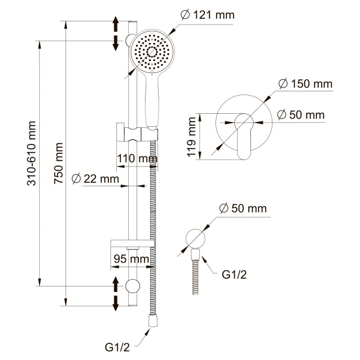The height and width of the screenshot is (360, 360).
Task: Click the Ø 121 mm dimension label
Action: point(208,15)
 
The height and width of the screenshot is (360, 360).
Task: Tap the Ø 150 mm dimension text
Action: point(305,83)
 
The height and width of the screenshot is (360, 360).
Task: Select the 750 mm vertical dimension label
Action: point(59,163)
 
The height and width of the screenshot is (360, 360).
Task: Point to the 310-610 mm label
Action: point(31,153)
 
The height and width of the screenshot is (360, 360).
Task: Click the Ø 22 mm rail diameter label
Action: point(95,179)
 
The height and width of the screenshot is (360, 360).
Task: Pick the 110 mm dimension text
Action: point(137,159)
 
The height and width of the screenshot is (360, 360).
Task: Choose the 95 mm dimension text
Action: point(131,259)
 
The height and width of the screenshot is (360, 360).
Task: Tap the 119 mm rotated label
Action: point(191,137)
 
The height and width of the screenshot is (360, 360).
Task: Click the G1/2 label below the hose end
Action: point(117,347)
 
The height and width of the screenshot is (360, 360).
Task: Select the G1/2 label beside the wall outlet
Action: point(234,274)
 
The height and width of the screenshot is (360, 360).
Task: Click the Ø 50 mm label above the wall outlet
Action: point(243,209)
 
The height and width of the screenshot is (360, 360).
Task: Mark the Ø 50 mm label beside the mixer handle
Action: point(301,115)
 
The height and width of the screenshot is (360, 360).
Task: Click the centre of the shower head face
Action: point(152,52)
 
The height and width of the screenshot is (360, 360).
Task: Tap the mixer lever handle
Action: point(244,136)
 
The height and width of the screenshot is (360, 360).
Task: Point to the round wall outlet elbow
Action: point(195,238)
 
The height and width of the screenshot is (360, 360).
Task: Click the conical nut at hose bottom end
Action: point(153,321)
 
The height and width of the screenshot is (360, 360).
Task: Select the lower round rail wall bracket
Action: point(133,286)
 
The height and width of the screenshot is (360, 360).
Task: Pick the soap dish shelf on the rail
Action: point(133,243)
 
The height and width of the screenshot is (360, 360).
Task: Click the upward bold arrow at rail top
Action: point(116,24)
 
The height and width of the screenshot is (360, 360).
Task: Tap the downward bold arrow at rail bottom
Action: point(116,304)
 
